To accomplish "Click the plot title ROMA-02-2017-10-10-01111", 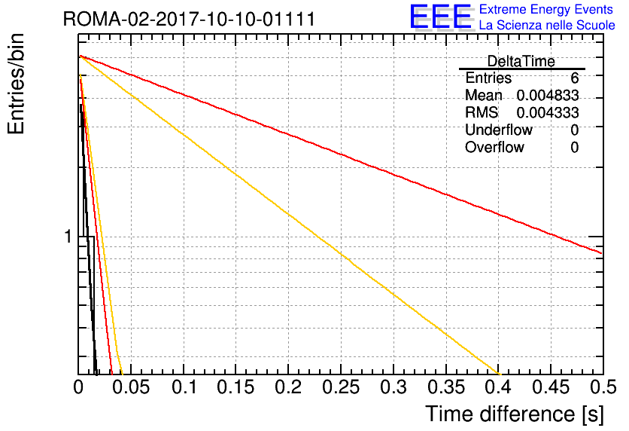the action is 189,19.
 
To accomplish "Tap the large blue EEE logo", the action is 441,17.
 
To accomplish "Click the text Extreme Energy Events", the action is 546,9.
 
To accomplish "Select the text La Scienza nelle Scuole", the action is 547,25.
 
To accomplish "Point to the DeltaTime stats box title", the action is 521,61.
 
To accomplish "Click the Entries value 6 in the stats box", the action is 574,78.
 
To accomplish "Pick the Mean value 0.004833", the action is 548,95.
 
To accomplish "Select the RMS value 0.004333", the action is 548,112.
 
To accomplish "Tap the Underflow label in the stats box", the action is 499,130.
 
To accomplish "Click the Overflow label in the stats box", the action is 494,147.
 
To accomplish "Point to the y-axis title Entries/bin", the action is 16,84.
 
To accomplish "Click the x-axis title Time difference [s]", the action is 515,414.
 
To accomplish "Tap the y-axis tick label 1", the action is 68,237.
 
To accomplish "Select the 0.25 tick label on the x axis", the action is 341,387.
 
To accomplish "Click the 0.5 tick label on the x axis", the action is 603,387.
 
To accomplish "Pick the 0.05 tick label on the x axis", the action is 131,387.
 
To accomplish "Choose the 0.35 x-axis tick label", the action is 446,387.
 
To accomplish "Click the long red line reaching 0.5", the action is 341,154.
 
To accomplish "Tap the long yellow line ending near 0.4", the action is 290,215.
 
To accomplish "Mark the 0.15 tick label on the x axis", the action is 236,387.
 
